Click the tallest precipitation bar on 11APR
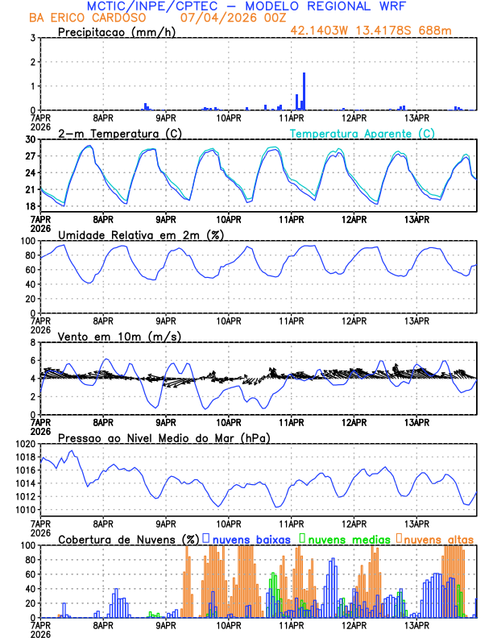pos(304,91)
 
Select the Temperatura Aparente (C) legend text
pos(362,133)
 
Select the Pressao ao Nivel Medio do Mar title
pos(164,437)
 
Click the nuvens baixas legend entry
pos(251,538)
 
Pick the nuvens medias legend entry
pos(346,538)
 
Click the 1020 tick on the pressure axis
pos(27,444)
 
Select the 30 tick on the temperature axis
pos(31,139)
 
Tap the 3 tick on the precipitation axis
pos(33,38)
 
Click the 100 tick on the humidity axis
pos(27,241)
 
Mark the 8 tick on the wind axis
pos(33,342)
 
